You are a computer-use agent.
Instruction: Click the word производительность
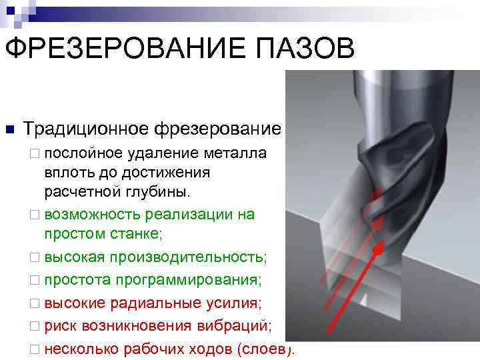click(x=188, y=257)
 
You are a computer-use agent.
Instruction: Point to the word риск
click(x=61, y=326)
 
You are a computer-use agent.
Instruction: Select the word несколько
click(x=81, y=349)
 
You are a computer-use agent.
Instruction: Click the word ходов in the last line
click(x=209, y=349)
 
